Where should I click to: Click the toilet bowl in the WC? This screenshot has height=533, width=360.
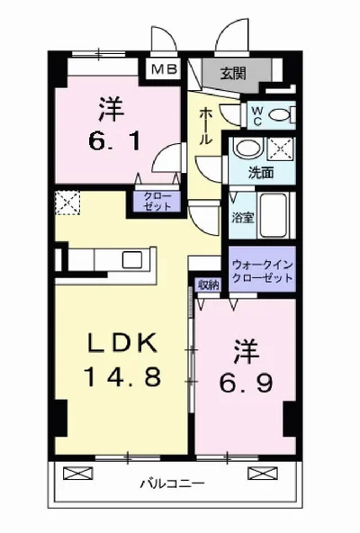point(282,113)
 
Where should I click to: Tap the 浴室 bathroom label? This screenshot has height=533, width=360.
point(241,216)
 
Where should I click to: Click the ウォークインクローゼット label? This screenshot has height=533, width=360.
point(262,271)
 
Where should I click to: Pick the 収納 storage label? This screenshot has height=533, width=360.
point(209,285)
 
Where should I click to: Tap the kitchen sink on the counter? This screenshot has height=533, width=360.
point(130,260)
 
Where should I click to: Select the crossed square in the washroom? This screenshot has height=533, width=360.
point(278,149)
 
